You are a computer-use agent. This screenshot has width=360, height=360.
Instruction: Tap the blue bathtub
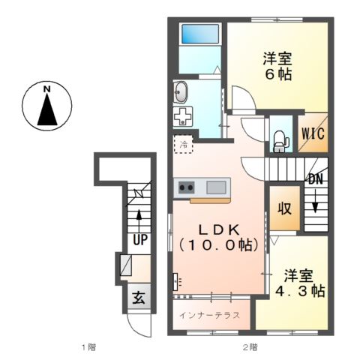coord(199,34)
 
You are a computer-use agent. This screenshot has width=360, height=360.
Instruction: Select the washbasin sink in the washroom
coord(181,93)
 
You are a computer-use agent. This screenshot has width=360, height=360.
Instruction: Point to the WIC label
coord(313,135)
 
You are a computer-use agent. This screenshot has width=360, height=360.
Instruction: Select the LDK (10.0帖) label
coord(218,236)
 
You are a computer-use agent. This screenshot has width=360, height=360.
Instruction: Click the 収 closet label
coord(286,208)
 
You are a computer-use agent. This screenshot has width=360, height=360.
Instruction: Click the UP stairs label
coord(139,240)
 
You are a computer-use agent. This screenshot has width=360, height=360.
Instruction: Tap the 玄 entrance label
coord(139,298)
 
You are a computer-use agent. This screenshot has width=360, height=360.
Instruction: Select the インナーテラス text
coord(209,315)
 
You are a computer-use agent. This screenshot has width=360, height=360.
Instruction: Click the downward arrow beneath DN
coord(316,204)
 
